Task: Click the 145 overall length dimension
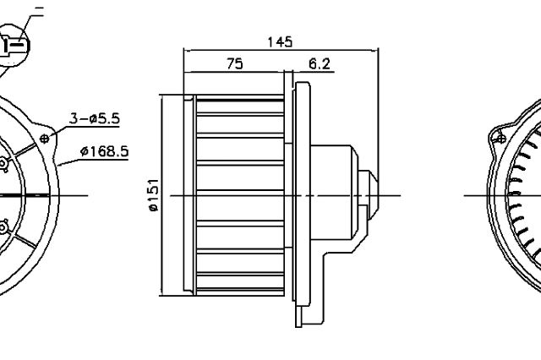[280, 42]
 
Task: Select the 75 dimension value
[235, 63]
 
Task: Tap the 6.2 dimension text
[320, 63]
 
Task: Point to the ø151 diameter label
[153, 195]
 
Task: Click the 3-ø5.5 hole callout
[95, 118]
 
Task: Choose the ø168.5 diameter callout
[104, 151]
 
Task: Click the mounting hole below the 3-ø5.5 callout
[44, 139]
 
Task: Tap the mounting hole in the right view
[501, 139]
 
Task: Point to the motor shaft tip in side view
[373, 195]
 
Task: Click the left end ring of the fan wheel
[189, 195]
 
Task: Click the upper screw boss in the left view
[3, 163]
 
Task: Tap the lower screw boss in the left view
[3, 227]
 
